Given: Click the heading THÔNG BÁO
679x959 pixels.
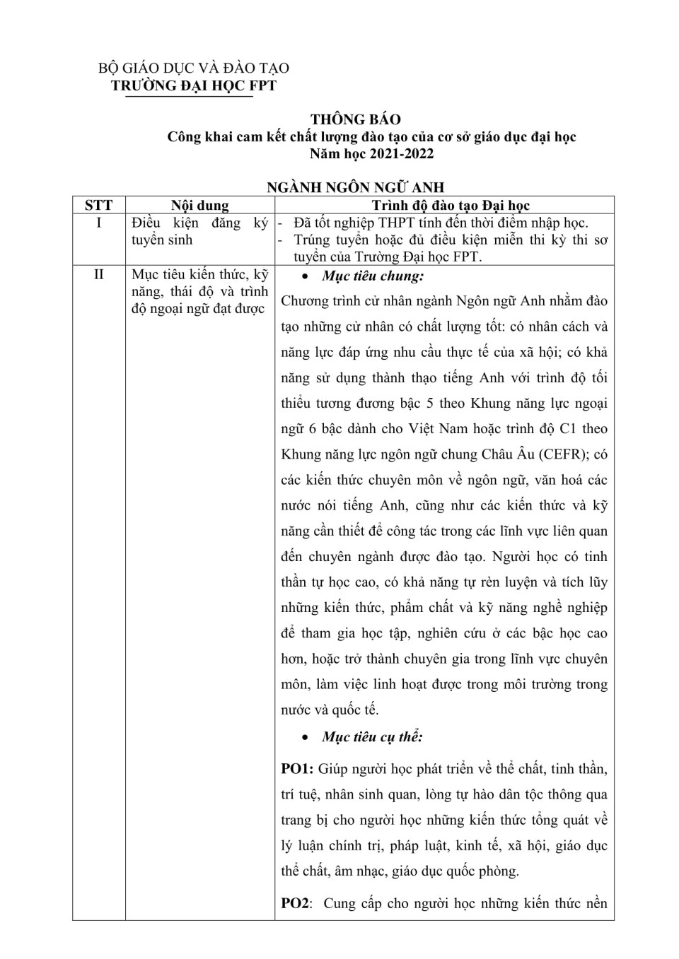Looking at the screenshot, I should point(355,119).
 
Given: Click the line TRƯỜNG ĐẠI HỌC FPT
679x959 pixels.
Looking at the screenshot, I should point(194,86).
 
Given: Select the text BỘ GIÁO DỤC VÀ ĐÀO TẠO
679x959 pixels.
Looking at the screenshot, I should point(193,68).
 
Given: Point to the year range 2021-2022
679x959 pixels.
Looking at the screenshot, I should point(400,153).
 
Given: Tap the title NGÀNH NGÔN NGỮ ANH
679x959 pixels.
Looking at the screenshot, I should point(355,187).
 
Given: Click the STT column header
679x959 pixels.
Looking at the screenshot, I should point(98,206).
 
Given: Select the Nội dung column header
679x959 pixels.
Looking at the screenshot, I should point(200,206).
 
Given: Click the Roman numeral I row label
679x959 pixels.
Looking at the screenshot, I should point(98,223).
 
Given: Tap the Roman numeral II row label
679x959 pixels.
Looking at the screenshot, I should point(98,275).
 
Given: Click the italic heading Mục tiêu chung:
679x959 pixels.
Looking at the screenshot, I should point(373,276).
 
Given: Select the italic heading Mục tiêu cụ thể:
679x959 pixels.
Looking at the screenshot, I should point(372,737).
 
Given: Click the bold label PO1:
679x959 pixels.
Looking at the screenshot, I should point(297,769).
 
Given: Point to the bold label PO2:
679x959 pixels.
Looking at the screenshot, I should point(297,904).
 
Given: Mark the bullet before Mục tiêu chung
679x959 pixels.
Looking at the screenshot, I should point(304,277).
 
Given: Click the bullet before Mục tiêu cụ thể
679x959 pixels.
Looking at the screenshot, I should point(304,738).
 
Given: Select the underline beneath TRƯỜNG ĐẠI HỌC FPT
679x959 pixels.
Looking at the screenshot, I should point(189,97).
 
